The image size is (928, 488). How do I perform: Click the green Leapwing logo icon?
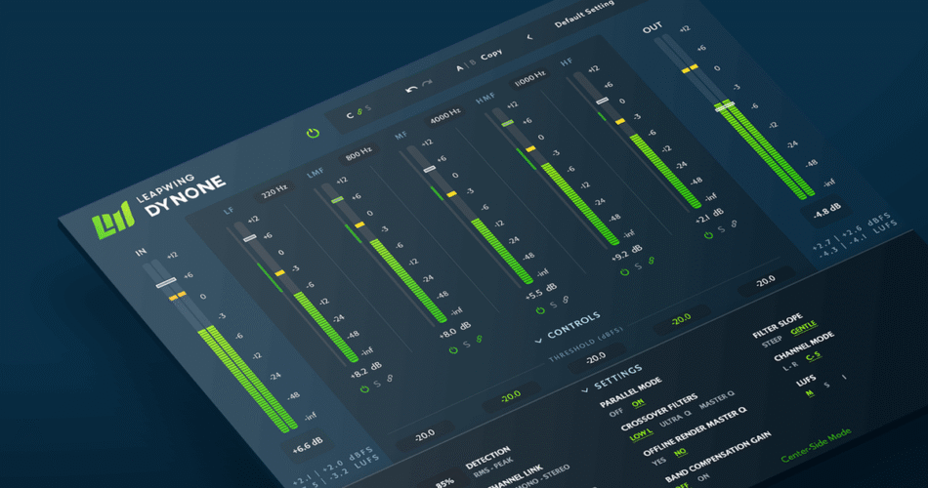coord(105,224)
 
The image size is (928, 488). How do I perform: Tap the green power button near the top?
coord(313,132)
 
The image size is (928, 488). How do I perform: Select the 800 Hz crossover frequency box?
coord(358,153)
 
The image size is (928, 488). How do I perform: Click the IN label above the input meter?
coord(142,253)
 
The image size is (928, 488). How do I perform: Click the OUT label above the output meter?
coord(652,28)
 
